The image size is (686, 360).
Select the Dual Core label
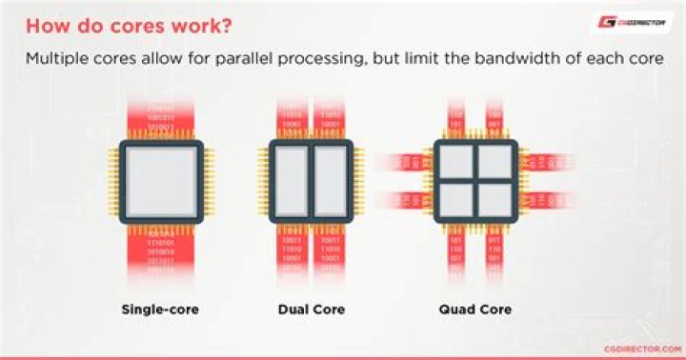pos(312,310)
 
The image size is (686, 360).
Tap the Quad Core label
pos(474,310)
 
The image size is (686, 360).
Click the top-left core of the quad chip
pos(455,161)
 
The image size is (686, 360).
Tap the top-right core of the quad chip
pos(494,161)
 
